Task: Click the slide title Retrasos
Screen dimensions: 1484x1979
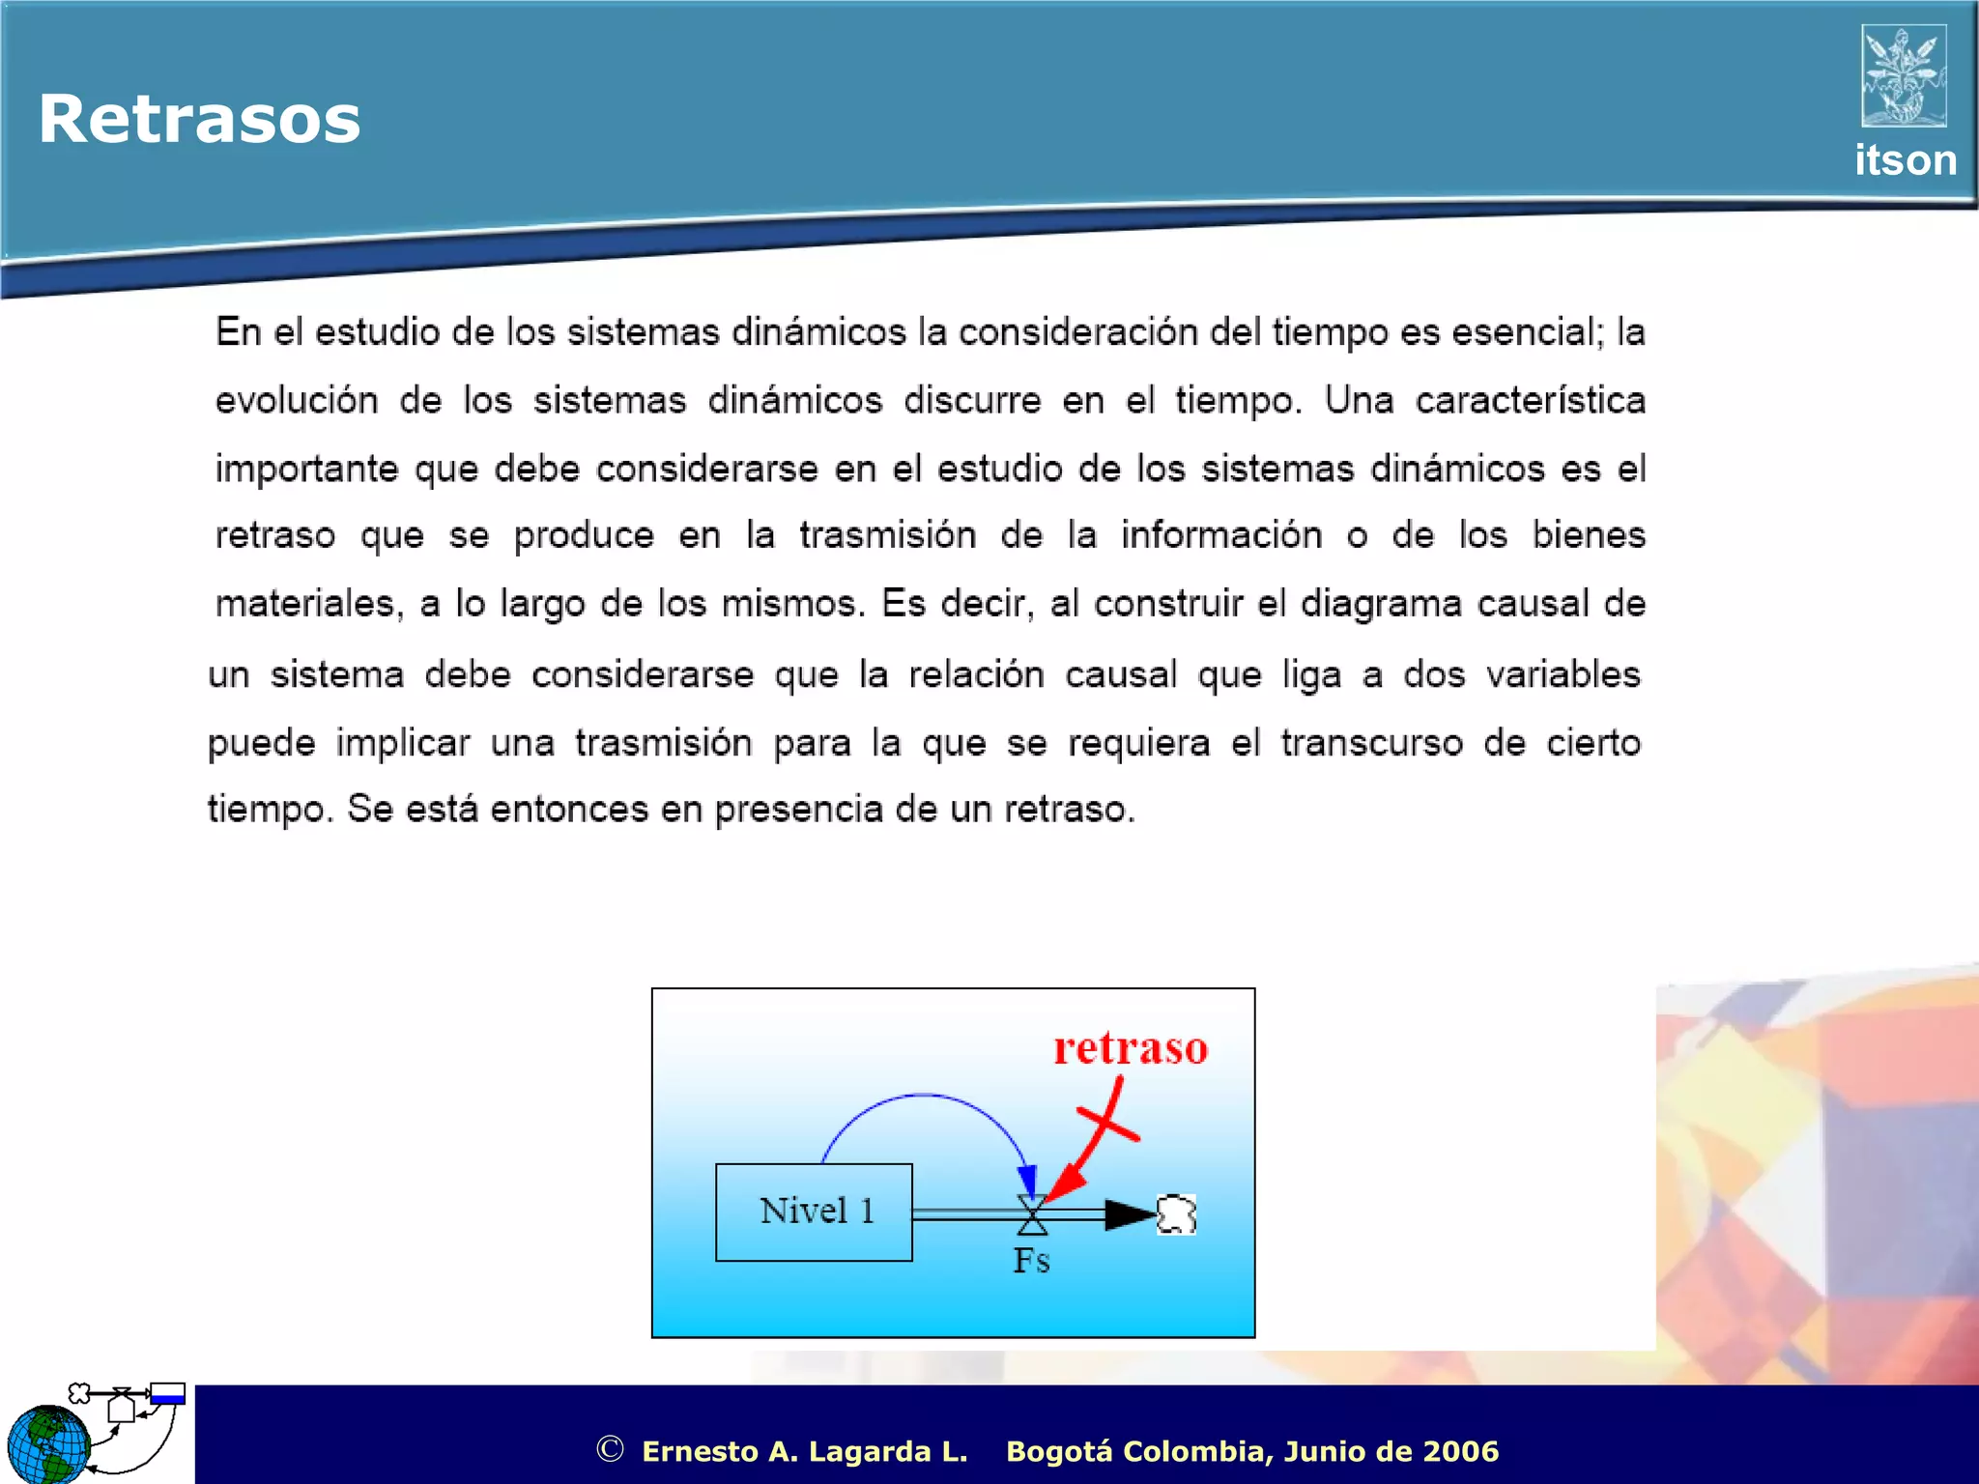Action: (x=199, y=120)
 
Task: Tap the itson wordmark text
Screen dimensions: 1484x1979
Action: (x=1905, y=160)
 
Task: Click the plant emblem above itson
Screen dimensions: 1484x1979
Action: (x=1904, y=75)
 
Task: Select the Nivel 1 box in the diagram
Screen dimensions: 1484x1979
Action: (x=814, y=1212)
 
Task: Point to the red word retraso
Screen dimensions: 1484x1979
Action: (x=1131, y=1048)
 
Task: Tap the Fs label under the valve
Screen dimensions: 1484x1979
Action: (x=1031, y=1261)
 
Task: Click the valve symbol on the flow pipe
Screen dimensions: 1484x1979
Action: (x=1032, y=1215)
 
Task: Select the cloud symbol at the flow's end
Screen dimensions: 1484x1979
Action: (x=1176, y=1214)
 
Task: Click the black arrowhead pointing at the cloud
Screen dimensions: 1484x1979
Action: (x=1129, y=1214)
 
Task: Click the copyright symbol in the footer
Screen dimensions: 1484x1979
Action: (x=610, y=1449)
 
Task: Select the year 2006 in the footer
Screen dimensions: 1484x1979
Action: (x=1460, y=1451)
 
